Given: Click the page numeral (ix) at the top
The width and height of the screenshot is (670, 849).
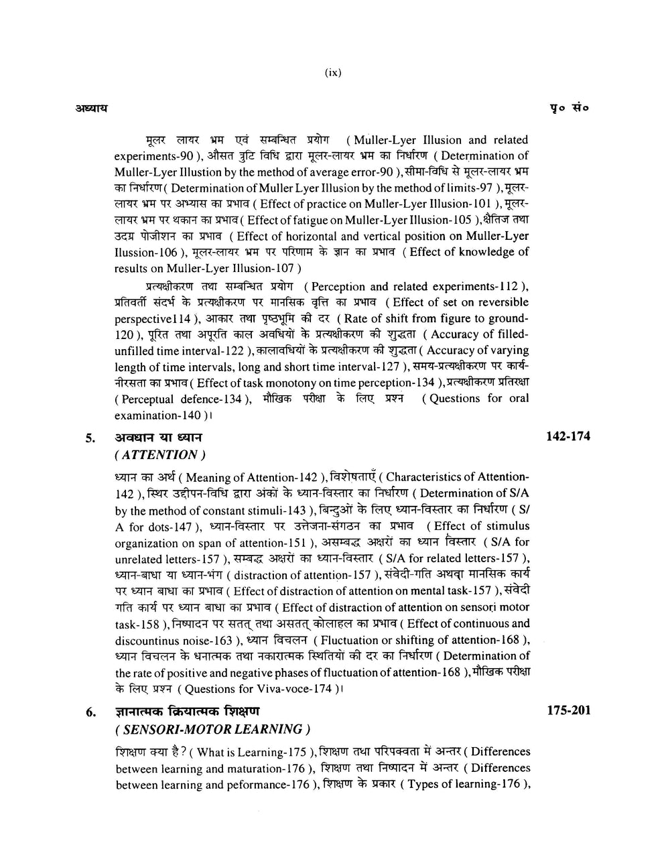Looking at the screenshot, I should click(332, 74).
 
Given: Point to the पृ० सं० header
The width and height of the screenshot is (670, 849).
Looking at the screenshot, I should click(570, 107).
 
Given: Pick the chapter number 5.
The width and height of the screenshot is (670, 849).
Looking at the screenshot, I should click(88, 439).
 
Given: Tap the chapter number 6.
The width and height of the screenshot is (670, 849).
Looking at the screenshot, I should click(88, 712).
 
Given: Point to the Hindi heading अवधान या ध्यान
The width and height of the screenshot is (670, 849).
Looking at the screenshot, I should click(158, 438).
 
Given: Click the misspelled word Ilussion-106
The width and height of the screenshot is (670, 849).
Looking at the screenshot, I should click(143, 252).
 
